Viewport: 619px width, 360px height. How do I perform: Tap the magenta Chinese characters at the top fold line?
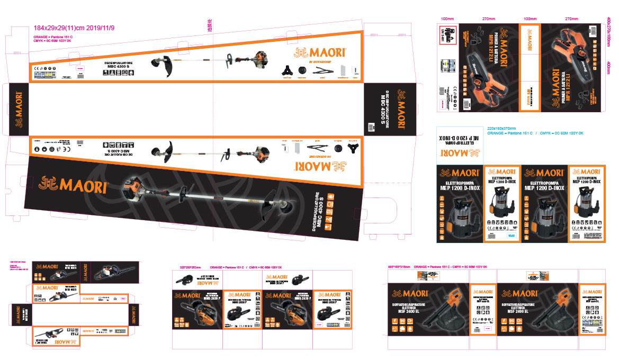(210, 25)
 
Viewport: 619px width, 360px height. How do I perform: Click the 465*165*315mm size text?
(399, 267)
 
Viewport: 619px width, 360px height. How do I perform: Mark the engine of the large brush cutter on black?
(132, 186)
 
